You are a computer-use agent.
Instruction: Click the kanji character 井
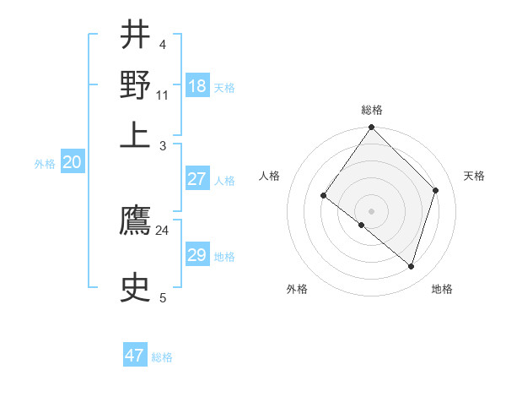click(x=135, y=36)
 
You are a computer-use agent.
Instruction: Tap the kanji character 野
click(x=135, y=84)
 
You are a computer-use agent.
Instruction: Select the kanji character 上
click(x=135, y=135)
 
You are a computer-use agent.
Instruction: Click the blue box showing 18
click(x=197, y=86)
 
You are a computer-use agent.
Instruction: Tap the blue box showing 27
click(x=197, y=179)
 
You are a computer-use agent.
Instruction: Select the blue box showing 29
click(x=197, y=255)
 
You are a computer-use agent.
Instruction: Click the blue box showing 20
click(x=72, y=163)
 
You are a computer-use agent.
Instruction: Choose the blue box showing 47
click(x=135, y=356)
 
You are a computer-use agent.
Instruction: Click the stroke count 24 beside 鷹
click(x=162, y=230)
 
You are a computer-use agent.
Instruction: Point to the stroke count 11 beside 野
click(x=162, y=95)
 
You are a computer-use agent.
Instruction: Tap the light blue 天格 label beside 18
click(x=224, y=88)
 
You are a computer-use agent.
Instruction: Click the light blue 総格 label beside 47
click(x=162, y=357)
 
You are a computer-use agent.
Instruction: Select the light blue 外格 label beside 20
click(x=45, y=165)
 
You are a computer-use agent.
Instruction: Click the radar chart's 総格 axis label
click(x=372, y=110)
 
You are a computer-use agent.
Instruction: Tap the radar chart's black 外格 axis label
click(x=297, y=289)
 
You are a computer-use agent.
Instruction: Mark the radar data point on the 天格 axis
click(x=436, y=190)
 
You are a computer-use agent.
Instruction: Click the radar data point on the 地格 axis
click(x=412, y=267)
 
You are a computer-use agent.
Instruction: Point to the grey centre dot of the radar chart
click(x=371, y=210)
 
